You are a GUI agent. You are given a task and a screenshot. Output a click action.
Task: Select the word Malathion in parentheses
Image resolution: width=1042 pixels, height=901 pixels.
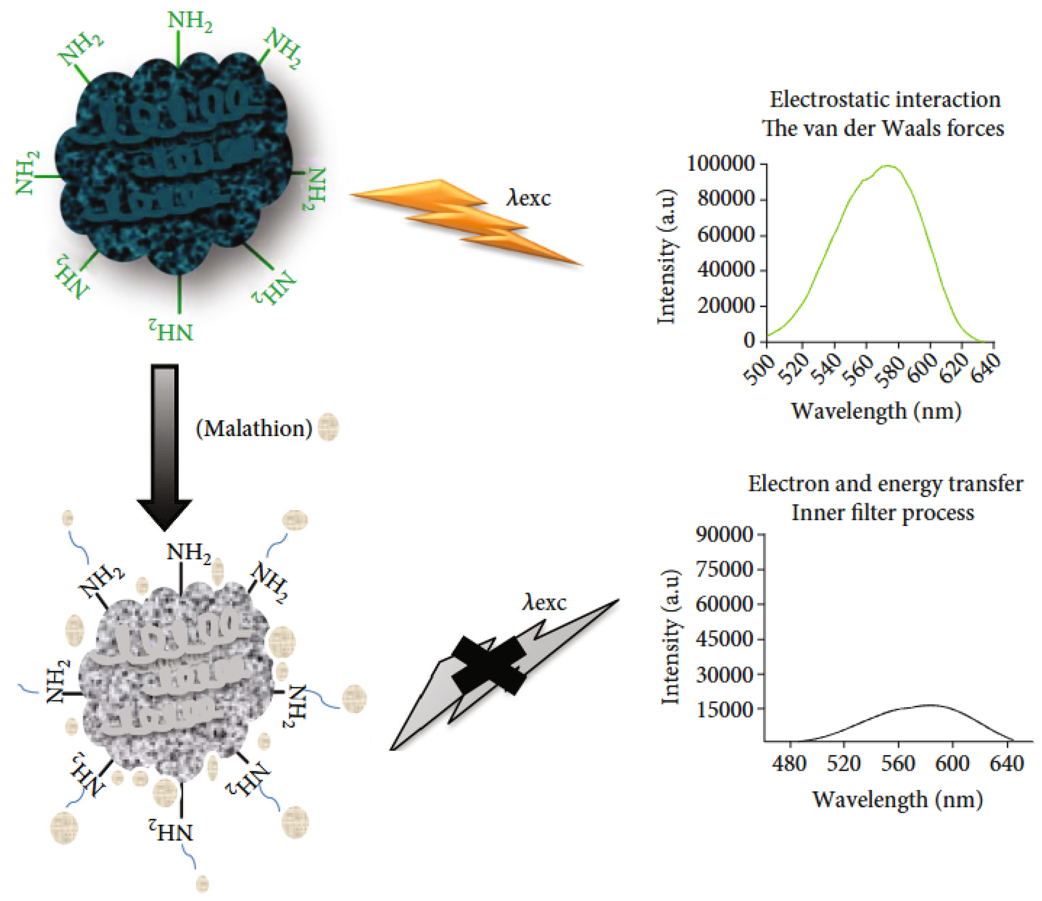pos(255,429)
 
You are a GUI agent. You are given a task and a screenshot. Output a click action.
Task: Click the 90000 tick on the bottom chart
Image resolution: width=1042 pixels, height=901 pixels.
pos(725,535)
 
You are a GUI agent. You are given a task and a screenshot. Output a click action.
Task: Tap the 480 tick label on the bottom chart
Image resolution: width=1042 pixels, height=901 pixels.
pos(790,764)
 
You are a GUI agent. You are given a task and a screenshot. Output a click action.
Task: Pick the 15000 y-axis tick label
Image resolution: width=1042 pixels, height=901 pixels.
pos(725,709)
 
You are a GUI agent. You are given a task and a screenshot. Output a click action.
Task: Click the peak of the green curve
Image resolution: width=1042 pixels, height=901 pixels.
pos(888,166)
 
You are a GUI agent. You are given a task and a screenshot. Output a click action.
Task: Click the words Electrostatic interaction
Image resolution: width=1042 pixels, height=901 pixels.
pos(885,99)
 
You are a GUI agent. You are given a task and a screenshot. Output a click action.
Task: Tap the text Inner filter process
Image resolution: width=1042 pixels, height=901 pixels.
pos(882,513)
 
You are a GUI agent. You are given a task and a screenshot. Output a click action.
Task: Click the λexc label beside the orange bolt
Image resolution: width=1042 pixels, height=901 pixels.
pos(528,198)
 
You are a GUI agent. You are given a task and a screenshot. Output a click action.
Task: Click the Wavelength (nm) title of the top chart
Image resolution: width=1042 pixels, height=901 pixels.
pos(876,411)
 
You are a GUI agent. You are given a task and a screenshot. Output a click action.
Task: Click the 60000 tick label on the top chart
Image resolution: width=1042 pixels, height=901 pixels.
pos(726,235)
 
